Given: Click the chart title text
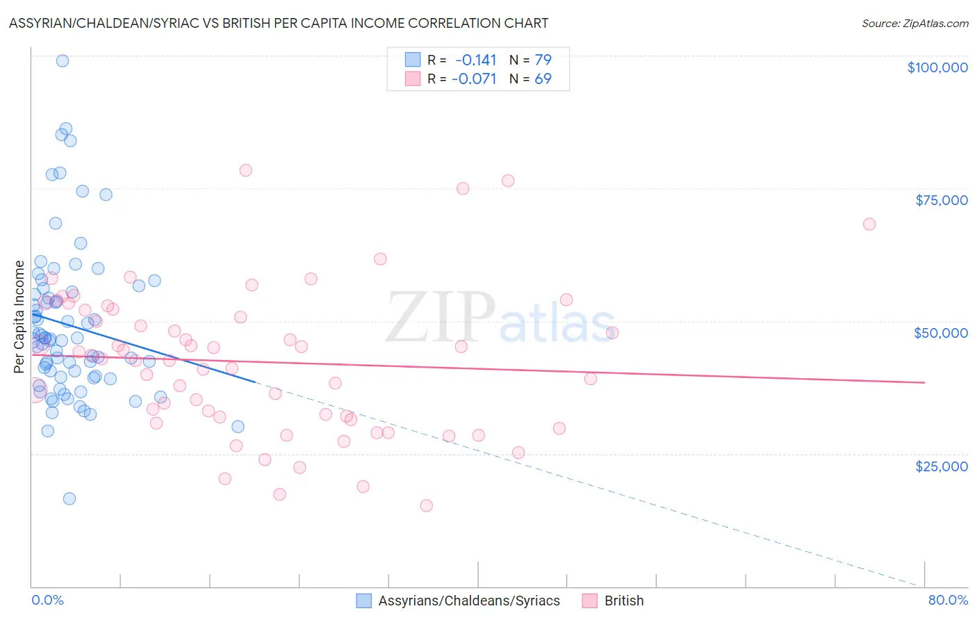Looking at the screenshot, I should (x=278, y=23).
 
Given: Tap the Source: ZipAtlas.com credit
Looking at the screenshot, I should (x=914, y=23).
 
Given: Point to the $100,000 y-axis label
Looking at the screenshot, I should (x=937, y=67).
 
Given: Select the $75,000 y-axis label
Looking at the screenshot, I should (x=941, y=200).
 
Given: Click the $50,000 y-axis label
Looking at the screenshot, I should (x=940, y=333).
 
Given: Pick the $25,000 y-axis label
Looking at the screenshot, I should (x=941, y=466).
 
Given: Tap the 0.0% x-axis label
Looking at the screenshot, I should (x=47, y=600).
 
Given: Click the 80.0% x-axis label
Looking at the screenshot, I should (x=948, y=600).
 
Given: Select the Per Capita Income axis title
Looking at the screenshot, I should (x=19, y=316).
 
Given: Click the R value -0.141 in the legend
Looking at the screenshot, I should (x=476, y=60).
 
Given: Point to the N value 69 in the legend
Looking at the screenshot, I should (x=543, y=79).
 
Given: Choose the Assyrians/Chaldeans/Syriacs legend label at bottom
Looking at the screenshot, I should (x=469, y=601).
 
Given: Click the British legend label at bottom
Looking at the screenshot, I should (x=624, y=601).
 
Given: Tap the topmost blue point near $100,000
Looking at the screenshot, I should (x=62, y=60).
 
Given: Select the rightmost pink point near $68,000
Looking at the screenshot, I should (x=869, y=224).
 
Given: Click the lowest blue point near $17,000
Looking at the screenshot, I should (x=69, y=498).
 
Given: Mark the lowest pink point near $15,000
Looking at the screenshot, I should (x=426, y=505).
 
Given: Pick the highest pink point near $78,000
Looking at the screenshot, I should (x=245, y=170).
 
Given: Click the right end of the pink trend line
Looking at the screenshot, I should (x=924, y=382).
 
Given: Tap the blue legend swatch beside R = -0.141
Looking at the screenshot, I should (x=413, y=60).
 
